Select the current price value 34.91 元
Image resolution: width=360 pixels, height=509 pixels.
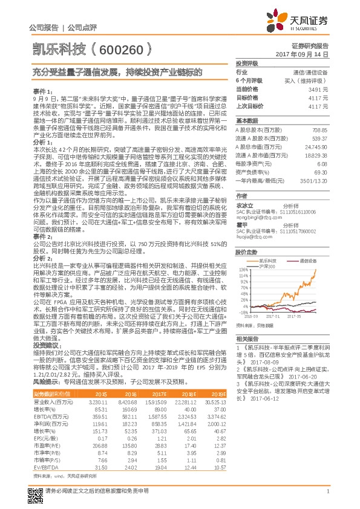(319, 88)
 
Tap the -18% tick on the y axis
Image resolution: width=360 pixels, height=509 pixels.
(243, 313)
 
